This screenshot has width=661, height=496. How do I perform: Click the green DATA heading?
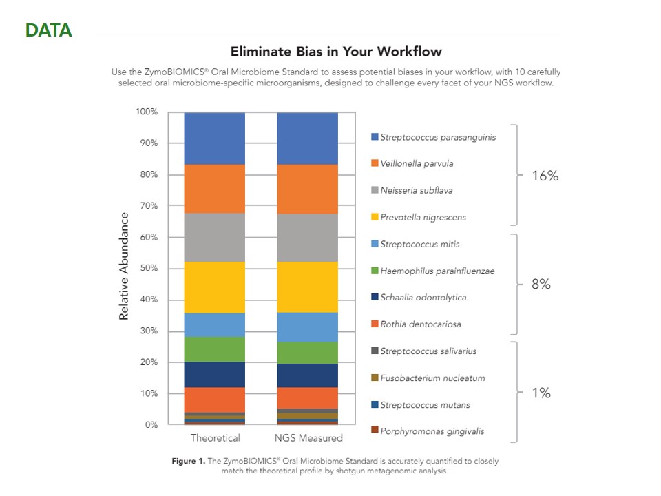48,31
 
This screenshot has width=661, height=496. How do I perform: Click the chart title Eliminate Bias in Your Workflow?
335,52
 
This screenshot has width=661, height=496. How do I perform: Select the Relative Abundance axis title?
125,266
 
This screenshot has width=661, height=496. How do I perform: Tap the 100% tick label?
146,112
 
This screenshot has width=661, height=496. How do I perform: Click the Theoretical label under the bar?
215,438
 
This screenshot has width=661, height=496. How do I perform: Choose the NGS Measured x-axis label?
307,438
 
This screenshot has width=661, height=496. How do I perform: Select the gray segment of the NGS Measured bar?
307,238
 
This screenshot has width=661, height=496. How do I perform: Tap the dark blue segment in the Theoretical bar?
215,374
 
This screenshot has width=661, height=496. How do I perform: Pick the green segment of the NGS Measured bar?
307,352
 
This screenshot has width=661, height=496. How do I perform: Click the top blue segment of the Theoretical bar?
215,138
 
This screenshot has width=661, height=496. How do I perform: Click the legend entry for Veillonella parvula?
416,164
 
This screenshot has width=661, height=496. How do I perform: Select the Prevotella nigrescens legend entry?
423,218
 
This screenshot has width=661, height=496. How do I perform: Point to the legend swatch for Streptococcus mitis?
375,245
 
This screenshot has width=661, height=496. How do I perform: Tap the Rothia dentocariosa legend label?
420,324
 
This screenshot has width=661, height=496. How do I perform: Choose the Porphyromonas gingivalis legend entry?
432,431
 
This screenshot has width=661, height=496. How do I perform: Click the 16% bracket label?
545,176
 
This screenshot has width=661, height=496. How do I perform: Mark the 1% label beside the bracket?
541,393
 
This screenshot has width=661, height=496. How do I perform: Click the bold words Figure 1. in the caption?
187,461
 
